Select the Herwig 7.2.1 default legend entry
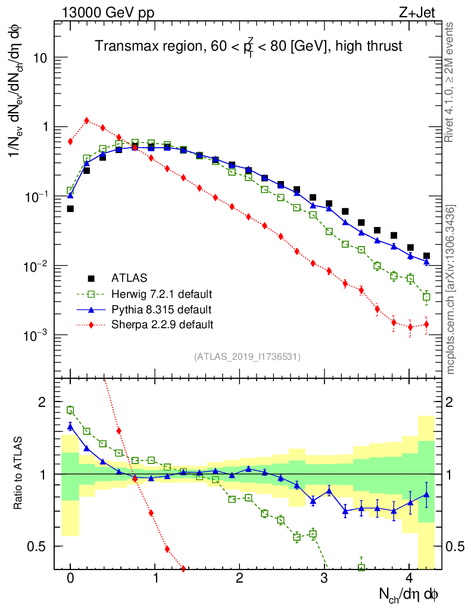(x=161, y=294)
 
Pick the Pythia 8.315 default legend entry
(x=161, y=309)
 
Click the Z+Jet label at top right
(x=423, y=12)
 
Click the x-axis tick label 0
(x=70, y=578)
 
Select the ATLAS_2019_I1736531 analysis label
(x=247, y=357)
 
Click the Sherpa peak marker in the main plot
(x=87, y=120)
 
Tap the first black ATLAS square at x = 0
(x=70, y=209)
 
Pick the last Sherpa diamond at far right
(x=426, y=325)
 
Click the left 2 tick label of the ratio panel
(x=42, y=402)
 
